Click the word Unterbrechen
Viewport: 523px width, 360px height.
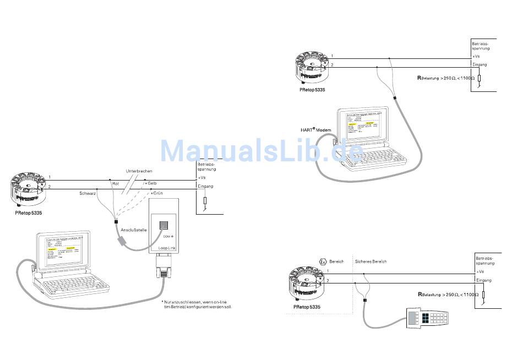point(139,171)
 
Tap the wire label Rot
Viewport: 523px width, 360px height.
point(116,183)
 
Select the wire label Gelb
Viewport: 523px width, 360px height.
point(152,183)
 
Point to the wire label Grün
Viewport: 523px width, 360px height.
point(157,193)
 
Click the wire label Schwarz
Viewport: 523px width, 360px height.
point(88,193)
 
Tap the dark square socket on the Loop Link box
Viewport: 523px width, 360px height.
point(164,226)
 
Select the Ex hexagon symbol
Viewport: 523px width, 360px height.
point(323,261)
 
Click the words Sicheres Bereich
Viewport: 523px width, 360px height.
point(371,261)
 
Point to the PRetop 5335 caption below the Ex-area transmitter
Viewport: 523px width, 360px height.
point(307,306)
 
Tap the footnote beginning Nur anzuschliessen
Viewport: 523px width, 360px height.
point(197,304)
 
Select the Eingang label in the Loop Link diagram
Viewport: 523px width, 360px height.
point(205,186)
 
